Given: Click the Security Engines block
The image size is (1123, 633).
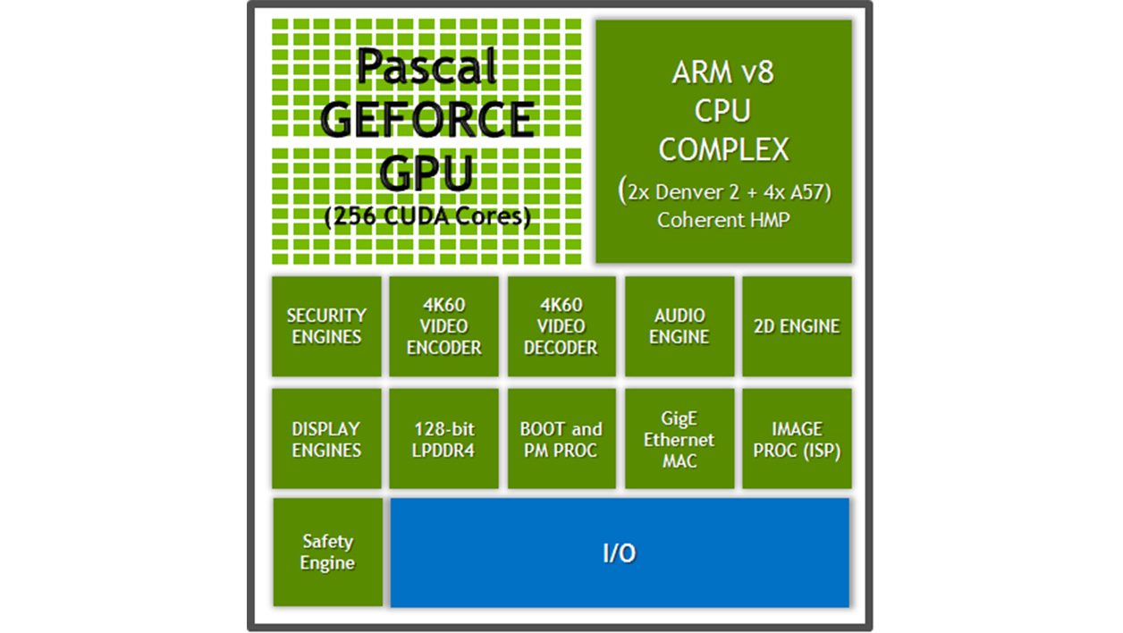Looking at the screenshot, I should pyautogui.click(x=326, y=326).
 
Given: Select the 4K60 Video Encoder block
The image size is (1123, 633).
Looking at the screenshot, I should pyautogui.click(x=444, y=326).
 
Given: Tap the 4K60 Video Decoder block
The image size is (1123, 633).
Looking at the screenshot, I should pyautogui.click(x=561, y=326).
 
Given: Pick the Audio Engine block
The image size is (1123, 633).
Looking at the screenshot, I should pyautogui.click(x=680, y=326).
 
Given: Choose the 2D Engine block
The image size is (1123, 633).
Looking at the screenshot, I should pyautogui.click(x=797, y=326).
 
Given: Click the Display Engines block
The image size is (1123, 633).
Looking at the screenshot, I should pyautogui.click(x=326, y=439).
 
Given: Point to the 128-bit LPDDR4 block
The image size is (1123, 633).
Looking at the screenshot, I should pyautogui.click(x=444, y=439).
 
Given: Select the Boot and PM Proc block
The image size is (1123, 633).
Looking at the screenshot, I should pyautogui.click(x=561, y=439).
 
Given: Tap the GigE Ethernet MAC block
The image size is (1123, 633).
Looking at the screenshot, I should pyautogui.click(x=680, y=439).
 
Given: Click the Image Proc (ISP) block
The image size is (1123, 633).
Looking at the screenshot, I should pyautogui.click(x=797, y=439).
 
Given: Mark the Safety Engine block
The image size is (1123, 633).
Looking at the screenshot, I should pyautogui.click(x=326, y=553).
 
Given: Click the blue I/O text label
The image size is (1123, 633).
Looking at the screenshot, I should pyautogui.click(x=619, y=553).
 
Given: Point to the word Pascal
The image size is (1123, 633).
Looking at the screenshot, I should pyautogui.click(x=426, y=68).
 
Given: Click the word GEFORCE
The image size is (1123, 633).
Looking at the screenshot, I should pyautogui.click(x=427, y=120).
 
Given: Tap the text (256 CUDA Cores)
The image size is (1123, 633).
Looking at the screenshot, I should pyautogui.click(x=427, y=217).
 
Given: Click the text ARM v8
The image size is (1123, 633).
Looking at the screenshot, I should pyautogui.click(x=722, y=72).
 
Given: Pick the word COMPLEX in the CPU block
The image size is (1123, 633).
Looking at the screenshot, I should pyautogui.click(x=723, y=149).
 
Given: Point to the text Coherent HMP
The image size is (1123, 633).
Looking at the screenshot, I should pyautogui.click(x=723, y=220).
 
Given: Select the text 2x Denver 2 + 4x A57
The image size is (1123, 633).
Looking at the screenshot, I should pyautogui.click(x=724, y=191).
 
